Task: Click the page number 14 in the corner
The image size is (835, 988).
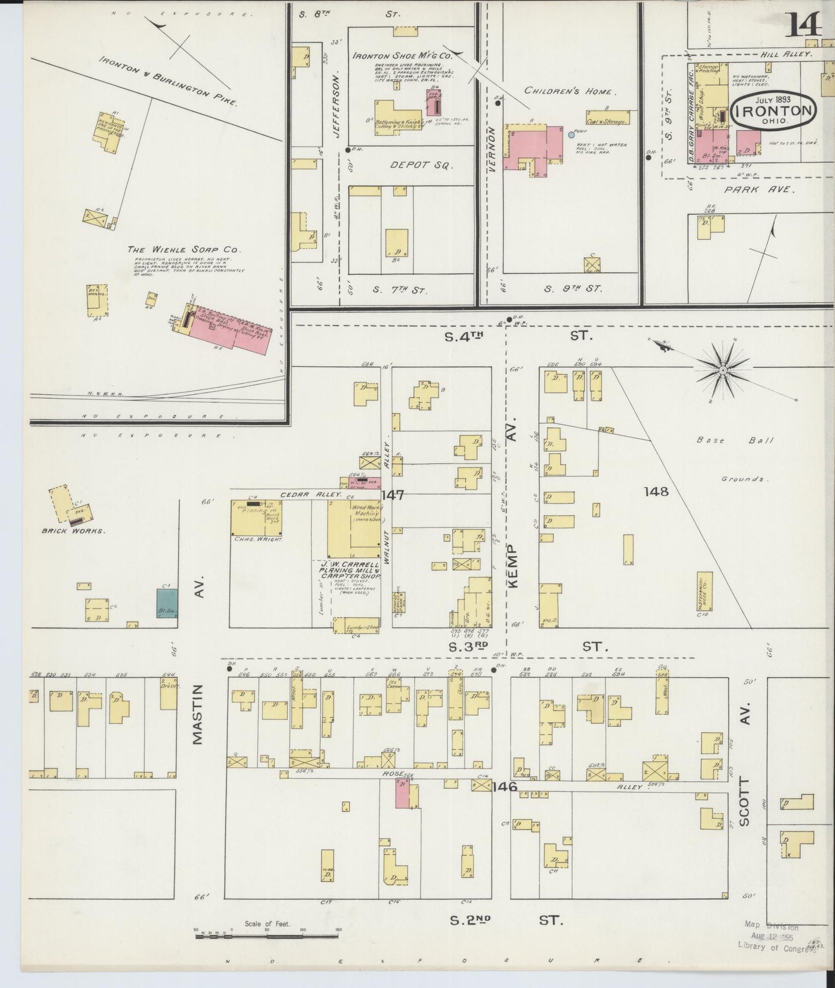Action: click(x=803, y=24)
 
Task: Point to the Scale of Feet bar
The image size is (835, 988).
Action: click(x=267, y=934)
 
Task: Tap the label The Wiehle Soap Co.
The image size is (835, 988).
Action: click(x=183, y=250)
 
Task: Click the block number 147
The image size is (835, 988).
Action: click(x=392, y=495)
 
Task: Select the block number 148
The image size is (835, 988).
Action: click(x=656, y=492)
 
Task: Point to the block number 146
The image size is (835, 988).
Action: click(x=505, y=786)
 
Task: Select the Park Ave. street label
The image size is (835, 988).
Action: click(x=759, y=190)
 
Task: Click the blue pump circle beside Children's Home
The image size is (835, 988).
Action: click(x=571, y=135)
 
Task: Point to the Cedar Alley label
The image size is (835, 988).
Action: click(x=311, y=495)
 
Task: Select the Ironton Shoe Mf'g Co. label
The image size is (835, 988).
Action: click(x=402, y=56)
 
